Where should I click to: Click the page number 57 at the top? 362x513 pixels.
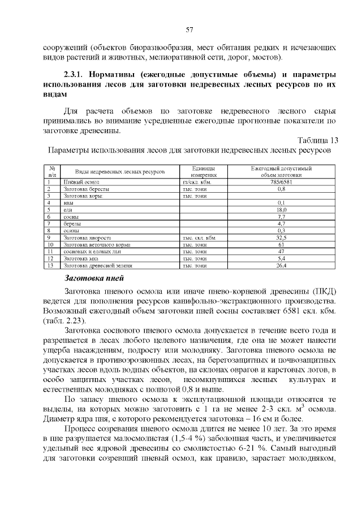coord(189,29)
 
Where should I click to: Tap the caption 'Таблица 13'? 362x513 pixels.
coord(318,140)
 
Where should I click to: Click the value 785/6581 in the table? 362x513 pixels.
coord(281,182)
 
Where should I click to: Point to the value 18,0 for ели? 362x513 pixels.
coord(281,210)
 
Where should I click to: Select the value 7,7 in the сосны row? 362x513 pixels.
coord(281,217)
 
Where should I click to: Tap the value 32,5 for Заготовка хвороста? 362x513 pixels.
coord(281,238)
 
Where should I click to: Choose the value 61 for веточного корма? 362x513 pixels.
coord(281,244)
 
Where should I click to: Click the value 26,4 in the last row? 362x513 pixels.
coord(281,265)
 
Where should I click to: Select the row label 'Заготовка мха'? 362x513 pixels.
coord(81,258)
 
